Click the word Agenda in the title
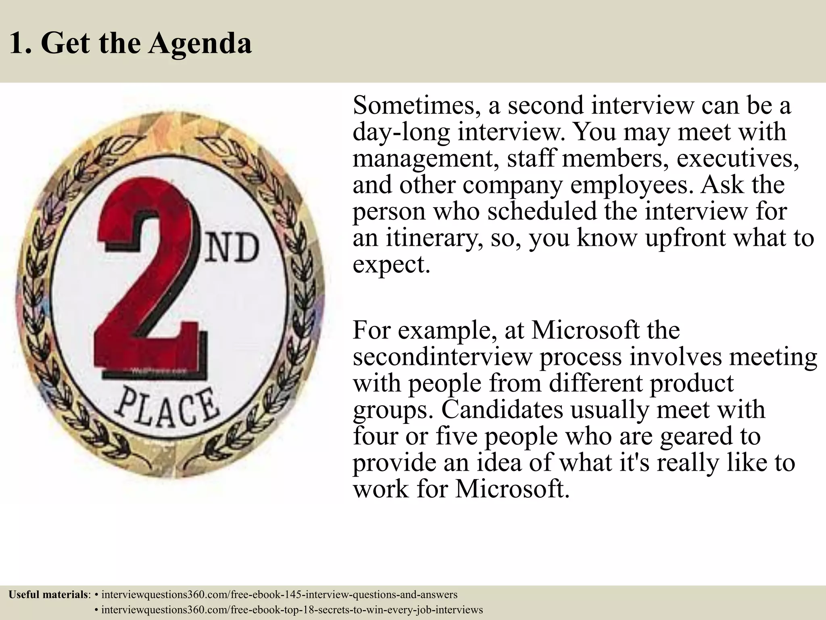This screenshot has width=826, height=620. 200,44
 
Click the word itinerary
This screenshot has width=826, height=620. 433,238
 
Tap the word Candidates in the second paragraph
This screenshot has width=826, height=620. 502,409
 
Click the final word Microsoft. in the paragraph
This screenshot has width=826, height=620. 513,489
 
